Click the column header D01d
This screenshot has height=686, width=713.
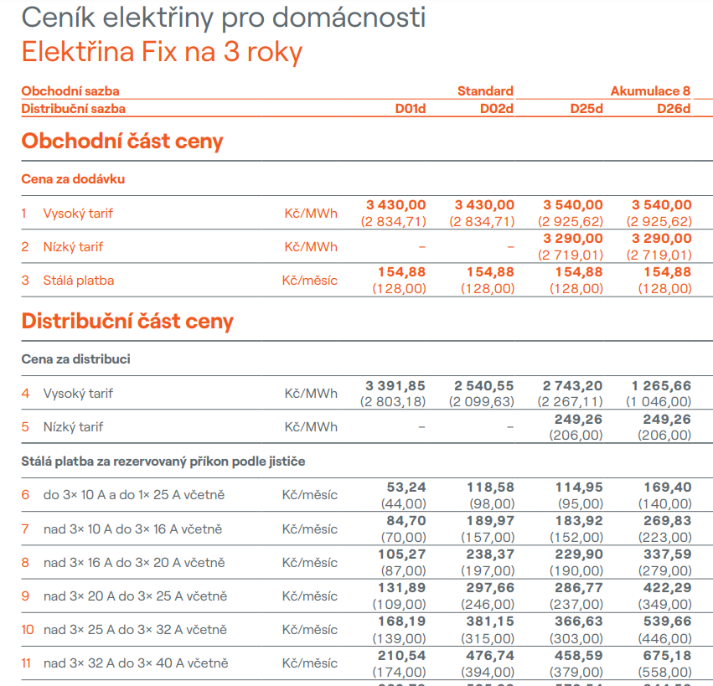click(x=411, y=109)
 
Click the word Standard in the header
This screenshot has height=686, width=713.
click(x=485, y=91)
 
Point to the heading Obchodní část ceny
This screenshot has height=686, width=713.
click(x=122, y=142)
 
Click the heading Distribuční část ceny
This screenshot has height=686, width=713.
click(x=127, y=322)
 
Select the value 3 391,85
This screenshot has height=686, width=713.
click(x=395, y=385)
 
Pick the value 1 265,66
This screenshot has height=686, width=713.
click(x=662, y=385)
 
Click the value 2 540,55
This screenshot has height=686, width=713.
click(x=484, y=385)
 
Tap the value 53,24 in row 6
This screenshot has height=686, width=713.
click(x=406, y=487)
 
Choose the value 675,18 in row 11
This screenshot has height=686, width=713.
click(x=668, y=655)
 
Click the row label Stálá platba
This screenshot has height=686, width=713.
click(x=79, y=281)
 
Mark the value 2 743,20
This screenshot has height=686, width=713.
click(x=572, y=385)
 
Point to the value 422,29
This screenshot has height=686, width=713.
click(x=668, y=588)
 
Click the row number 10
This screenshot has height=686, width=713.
click(x=28, y=630)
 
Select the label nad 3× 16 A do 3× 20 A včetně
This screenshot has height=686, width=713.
click(x=134, y=563)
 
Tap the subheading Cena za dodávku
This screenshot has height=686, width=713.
click(x=74, y=179)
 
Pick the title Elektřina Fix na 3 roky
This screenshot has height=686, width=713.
click(x=162, y=52)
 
